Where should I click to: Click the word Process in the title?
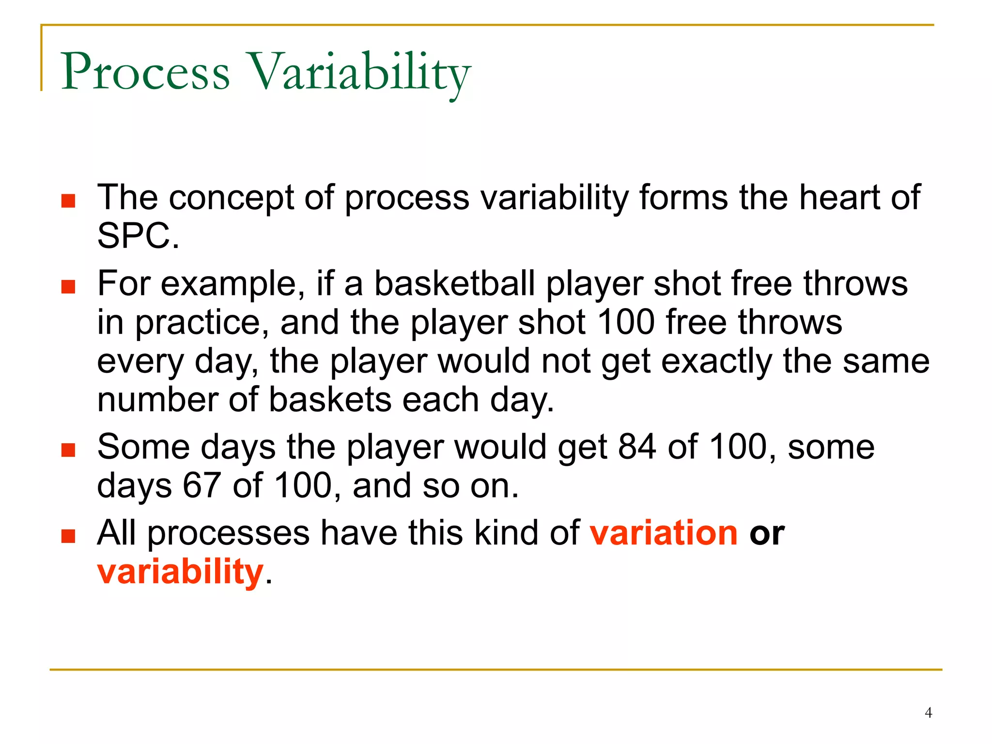click(x=145, y=73)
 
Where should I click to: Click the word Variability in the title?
click(x=359, y=73)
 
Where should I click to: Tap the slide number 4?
click(x=928, y=713)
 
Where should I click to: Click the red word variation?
click(x=664, y=533)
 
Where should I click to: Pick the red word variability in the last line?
click(x=180, y=572)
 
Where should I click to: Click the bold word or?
click(x=767, y=533)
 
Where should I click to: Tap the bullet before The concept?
click(x=68, y=201)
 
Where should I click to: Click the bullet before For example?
click(x=68, y=287)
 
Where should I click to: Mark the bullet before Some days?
click(x=68, y=450)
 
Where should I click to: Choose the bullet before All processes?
click(x=68, y=536)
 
